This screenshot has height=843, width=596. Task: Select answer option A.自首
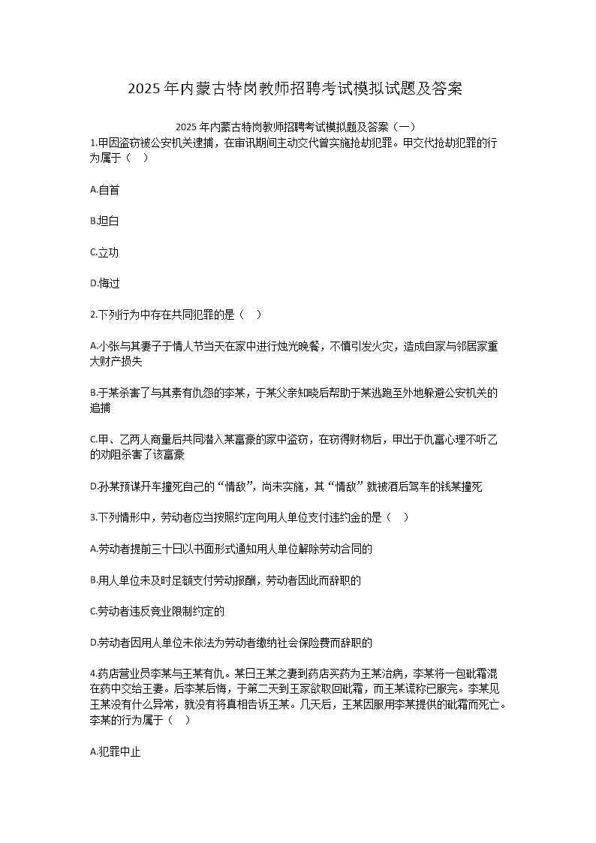click(104, 190)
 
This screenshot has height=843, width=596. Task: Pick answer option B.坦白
click(104, 221)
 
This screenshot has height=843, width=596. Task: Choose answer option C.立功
click(104, 252)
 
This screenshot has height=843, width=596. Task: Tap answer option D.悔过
click(104, 284)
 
